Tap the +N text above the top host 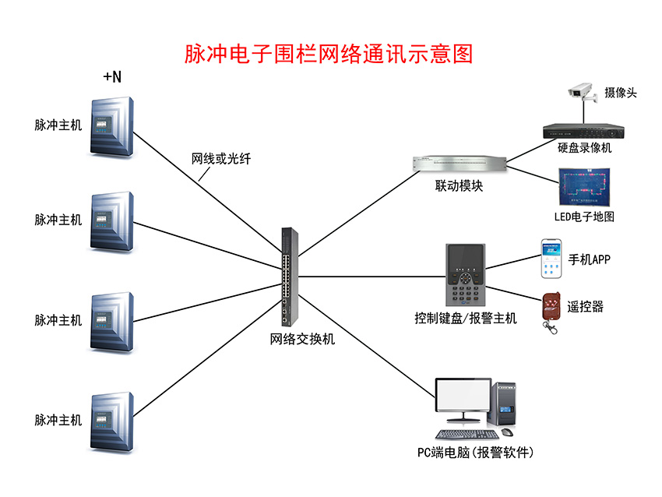pyautogui.click(x=112, y=76)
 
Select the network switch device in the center pyautogui.click(x=289, y=277)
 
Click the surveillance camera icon pyautogui.click(x=583, y=91)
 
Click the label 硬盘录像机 pyautogui.click(x=585, y=148)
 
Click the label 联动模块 pyautogui.click(x=459, y=187)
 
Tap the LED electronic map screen pyautogui.click(x=583, y=187)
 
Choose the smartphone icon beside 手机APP pyautogui.click(x=551, y=260)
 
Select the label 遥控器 pyautogui.click(x=585, y=307)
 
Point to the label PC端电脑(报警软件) pyautogui.click(x=475, y=453)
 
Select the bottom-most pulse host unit pyautogui.click(x=114, y=421)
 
